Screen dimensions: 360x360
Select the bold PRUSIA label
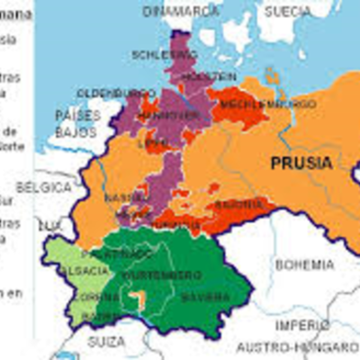[x=301, y=163]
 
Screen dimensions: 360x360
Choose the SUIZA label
[x=106, y=342]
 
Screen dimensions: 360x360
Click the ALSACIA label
[x=75, y=270]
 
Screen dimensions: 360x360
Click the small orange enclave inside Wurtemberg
[x=137, y=298]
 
